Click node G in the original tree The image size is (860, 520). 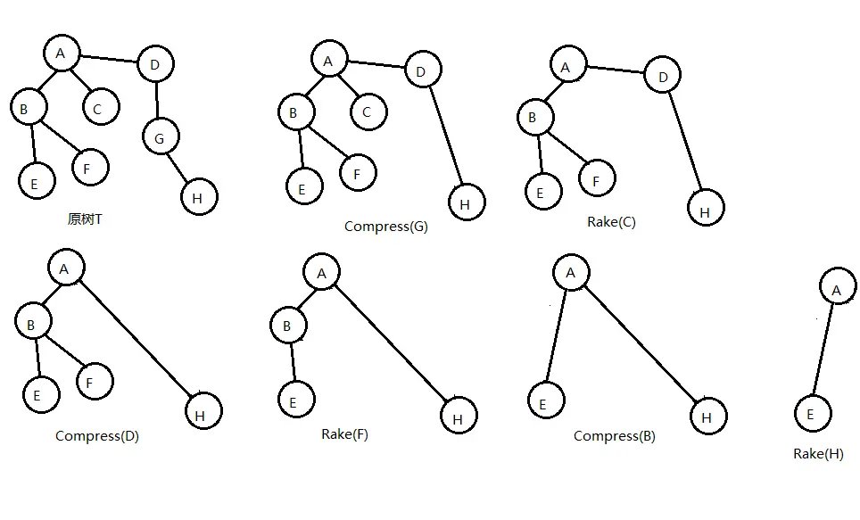pyautogui.click(x=161, y=137)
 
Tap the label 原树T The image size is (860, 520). pyautogui.click(x=85, y=219)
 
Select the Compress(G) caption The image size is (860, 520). pyautogui.click(x=385, y=227)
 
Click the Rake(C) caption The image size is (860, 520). pyautogui.click(x=611, y=222)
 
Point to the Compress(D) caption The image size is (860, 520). pyautogui.click(x=97, y=436)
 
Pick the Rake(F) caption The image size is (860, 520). pyautogui.click(x=344, y=434)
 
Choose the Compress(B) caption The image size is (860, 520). pyautogui.click(x=615, y=436)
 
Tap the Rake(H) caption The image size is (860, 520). pyautogui.click(x=818, y=454)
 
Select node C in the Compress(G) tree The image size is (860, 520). pyautogui.click(x=367, y=111)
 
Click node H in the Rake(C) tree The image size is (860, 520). pyautogui.click(x=706, y=210)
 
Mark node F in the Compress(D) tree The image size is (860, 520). pyautogui.click(x=94, y=382)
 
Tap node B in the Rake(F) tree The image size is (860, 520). pyautogui.click(x=287, y=326)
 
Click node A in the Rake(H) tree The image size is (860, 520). pyautogui.click(x=836, y=289)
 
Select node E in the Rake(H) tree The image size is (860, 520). pyautogui.click(x=812, y=414)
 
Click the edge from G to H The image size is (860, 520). pyautogui.click(x=180, y=168)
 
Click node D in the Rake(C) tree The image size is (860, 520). pyautogui.click(x=663, y=78)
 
